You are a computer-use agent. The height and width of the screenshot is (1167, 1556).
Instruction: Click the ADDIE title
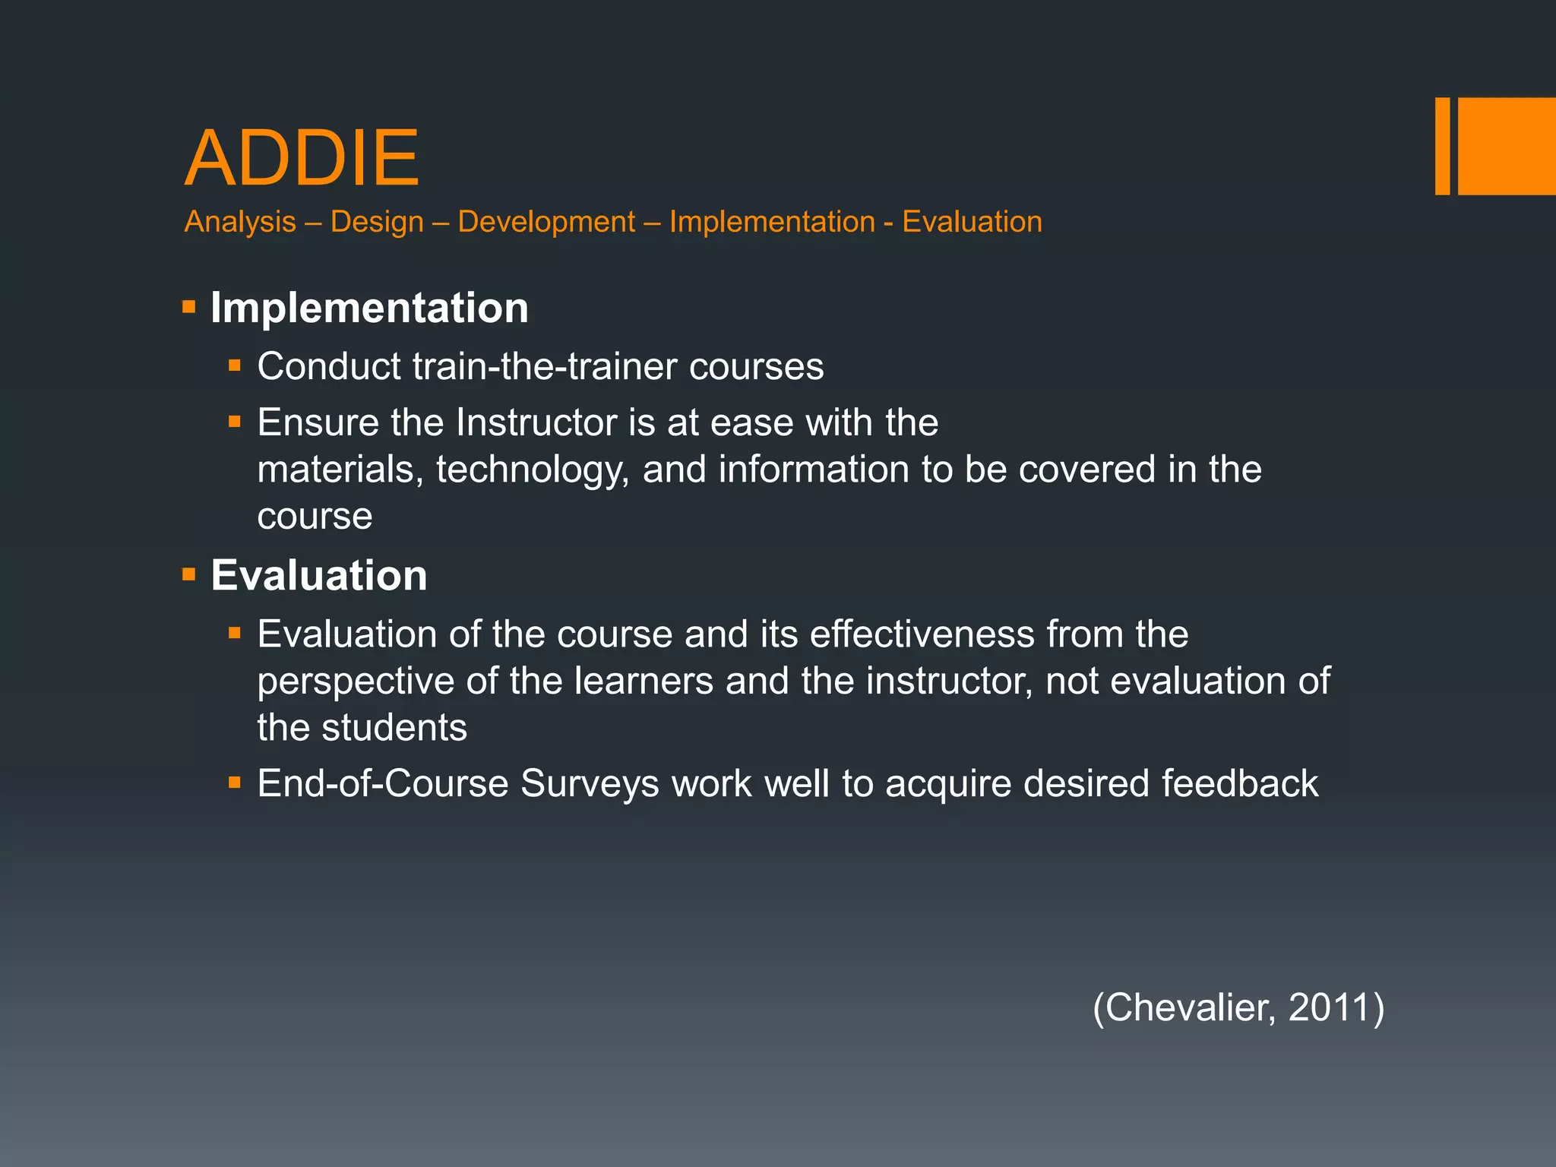(302, 158)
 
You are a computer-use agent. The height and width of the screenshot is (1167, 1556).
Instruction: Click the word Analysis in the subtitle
(240, 222)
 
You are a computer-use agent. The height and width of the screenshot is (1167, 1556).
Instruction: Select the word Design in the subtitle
(377, 222)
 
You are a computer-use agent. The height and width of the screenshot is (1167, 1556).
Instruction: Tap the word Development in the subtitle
(546, 222)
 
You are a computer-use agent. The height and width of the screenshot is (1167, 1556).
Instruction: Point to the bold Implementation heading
(369, 308)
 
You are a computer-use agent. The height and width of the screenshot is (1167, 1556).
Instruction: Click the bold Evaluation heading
(319, 575)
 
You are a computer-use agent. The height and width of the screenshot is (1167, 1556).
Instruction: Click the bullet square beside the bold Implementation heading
(189, 308)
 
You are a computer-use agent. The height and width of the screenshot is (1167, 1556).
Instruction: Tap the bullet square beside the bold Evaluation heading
(189, 574)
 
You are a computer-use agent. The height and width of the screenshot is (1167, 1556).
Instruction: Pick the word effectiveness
(922, 634)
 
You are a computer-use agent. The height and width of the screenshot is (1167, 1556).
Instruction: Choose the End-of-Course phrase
(382, 783)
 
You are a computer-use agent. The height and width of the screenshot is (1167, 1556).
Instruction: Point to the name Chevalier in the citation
(1190, 1007)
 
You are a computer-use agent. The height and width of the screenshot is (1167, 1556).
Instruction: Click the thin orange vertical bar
(1442, 146)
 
